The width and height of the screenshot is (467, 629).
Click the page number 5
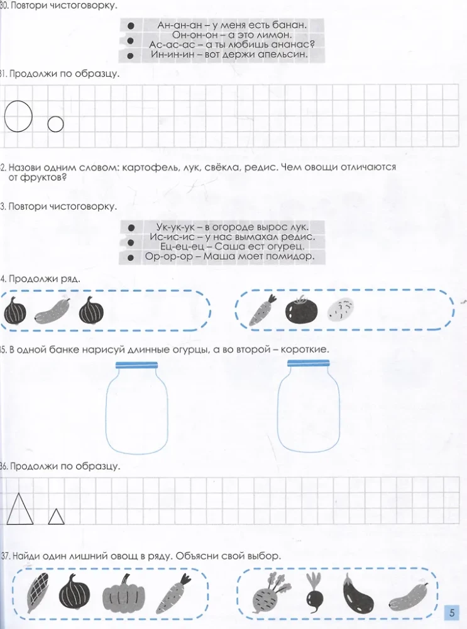[452, 613]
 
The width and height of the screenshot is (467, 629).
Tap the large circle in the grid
[5, 116]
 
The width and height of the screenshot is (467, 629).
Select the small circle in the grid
[48, 125]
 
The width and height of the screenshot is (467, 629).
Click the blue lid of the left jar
[136, 365]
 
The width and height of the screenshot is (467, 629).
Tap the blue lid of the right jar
[308, 364]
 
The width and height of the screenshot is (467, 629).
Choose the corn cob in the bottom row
[37, 593]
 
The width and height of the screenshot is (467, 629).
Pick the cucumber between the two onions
[53, 310]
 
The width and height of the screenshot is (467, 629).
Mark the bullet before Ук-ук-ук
[131, 228]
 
